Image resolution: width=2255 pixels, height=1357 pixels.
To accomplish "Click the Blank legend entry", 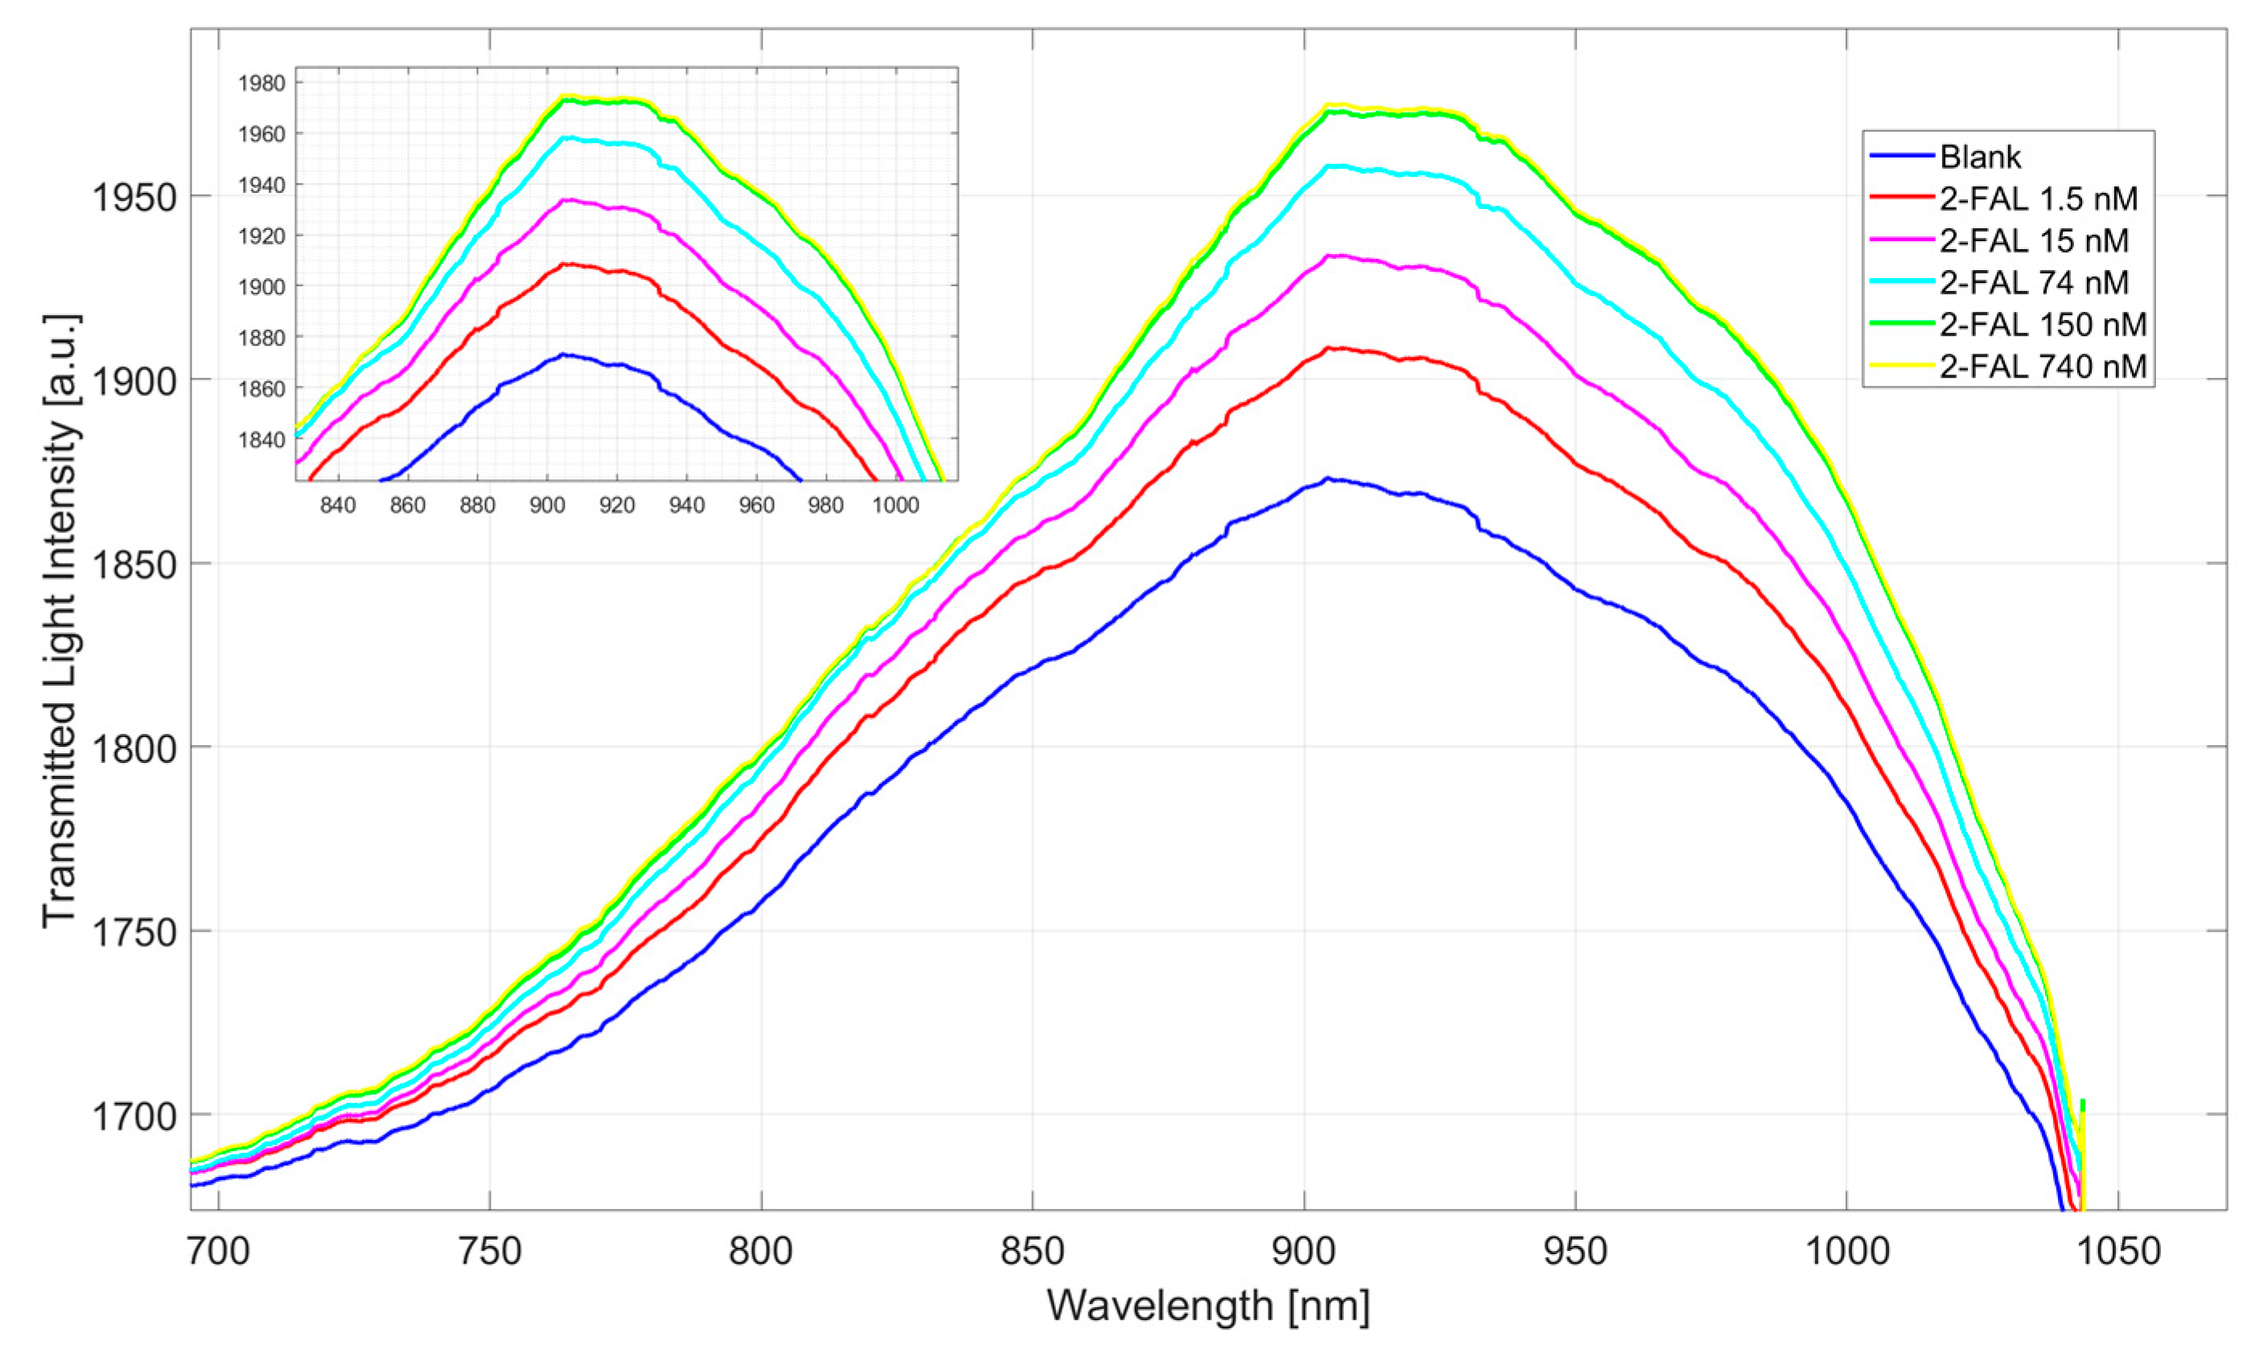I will tap(1981, 158).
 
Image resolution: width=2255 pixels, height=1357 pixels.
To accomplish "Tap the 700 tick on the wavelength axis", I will tap(219, 1251).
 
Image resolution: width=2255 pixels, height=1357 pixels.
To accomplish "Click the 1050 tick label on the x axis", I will tap(2117, 1251).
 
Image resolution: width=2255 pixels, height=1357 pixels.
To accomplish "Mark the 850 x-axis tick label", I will tap(1032, 1251).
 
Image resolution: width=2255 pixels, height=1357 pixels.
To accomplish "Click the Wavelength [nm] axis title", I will tap(1208, 1306).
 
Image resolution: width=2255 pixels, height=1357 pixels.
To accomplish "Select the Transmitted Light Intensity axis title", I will tap(62, 621).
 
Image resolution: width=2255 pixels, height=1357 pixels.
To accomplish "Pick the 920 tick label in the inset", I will tap(617, 506).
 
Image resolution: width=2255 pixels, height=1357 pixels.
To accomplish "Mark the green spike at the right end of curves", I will tap(2083, 1105).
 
